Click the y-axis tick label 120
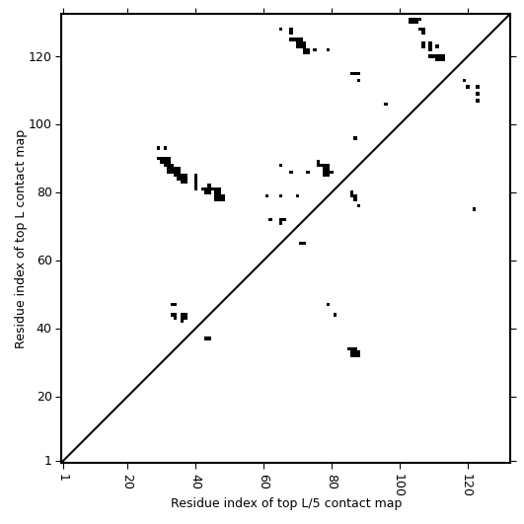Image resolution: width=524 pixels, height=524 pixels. click(x=39, y=57)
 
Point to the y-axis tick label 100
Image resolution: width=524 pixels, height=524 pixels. click(x=39, y=125)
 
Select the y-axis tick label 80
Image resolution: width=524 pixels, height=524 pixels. click(x=43, y=192)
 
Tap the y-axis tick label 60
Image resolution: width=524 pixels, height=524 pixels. click(x=43, y=261)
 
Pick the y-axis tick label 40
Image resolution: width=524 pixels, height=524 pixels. click(x=43, y=329)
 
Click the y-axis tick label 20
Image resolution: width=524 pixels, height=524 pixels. click(x=43, y=397)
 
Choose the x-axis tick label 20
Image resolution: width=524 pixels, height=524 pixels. click(x=129, y=482)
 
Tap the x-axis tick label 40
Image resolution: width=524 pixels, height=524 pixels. click(x=197, y=482)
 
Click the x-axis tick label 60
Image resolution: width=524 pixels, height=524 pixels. click(x=265, y=482)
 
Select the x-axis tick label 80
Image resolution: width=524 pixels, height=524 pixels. click(x=334, y=482)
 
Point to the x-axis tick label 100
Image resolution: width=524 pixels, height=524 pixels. click(x=401, y=486)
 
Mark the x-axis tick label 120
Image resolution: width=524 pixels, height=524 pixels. click(x=469, y=486)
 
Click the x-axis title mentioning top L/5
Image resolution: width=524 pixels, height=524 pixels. click(x=286, y=503)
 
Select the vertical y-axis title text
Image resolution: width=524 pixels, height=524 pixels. click(x=20, y=239)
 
